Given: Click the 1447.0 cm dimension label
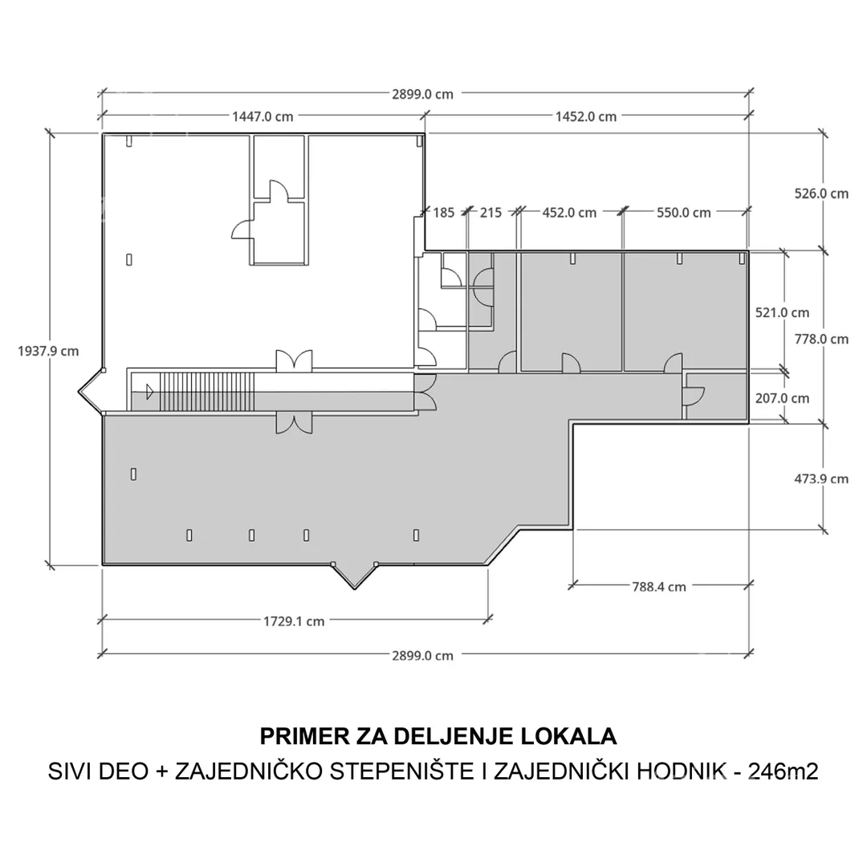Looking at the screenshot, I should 263,116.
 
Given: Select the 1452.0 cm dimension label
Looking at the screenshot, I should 586,116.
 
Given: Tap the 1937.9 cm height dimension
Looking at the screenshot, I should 49,351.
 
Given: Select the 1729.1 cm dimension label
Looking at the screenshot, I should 294,621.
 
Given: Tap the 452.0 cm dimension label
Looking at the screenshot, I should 570,213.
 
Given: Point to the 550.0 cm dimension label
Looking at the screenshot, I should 684,213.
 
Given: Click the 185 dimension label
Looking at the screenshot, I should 444,213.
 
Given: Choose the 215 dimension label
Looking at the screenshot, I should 490,213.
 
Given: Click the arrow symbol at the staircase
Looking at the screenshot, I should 149,392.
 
